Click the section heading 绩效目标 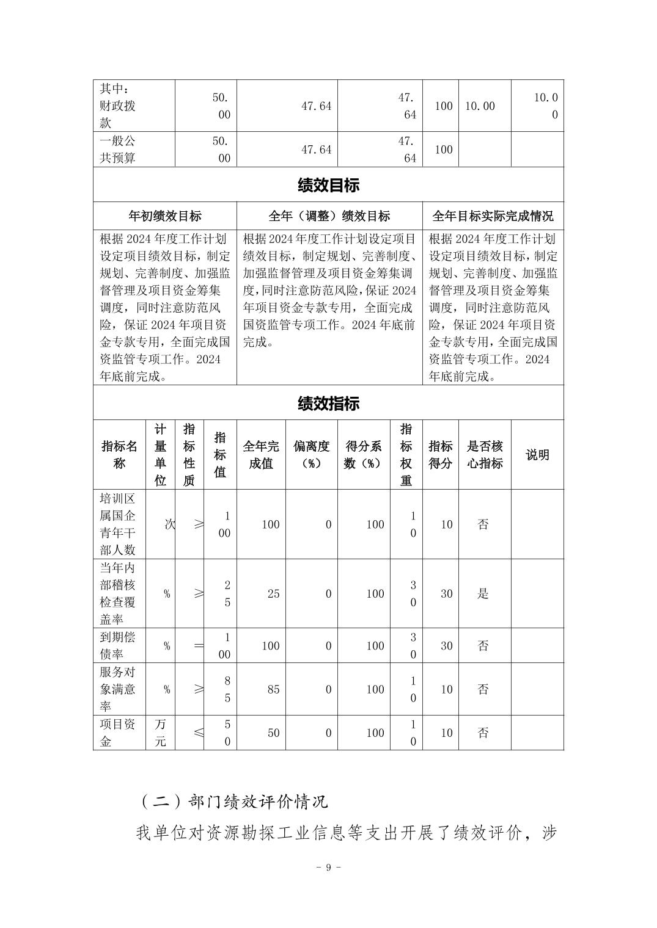328,185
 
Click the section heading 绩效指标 328,403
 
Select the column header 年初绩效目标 164,216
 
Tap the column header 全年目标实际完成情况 493,216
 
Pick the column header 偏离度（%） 311,455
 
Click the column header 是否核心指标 485,455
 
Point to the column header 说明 537,455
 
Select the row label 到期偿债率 119,645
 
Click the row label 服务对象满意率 119,689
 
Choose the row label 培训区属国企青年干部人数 119,524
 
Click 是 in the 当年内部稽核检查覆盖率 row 483,593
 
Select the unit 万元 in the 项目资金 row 160,733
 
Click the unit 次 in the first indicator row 169,524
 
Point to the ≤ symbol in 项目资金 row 198,733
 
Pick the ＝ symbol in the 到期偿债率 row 198,645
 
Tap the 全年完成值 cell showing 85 273,689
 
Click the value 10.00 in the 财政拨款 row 480,106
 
